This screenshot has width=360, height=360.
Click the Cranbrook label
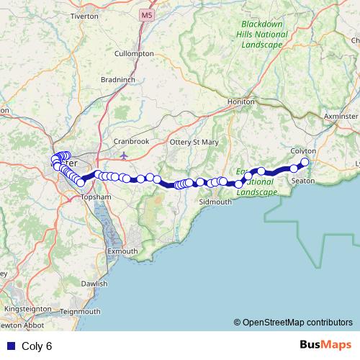click(132, 141)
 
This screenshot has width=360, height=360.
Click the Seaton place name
click(302, 180)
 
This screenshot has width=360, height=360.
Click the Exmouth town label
click(122, 251)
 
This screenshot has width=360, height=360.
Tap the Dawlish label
click(94, 284)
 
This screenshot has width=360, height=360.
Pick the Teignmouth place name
click(81, 311)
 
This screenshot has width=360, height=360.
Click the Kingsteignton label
click(28, 308)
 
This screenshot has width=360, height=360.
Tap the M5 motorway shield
click(148, 14)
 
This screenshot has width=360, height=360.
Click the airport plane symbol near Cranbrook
click(124, 154)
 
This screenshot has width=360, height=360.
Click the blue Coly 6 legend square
click(9, 346)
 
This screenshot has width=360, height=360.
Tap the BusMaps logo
click(325, 345)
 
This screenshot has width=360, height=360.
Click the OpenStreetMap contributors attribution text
click(293, 322)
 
